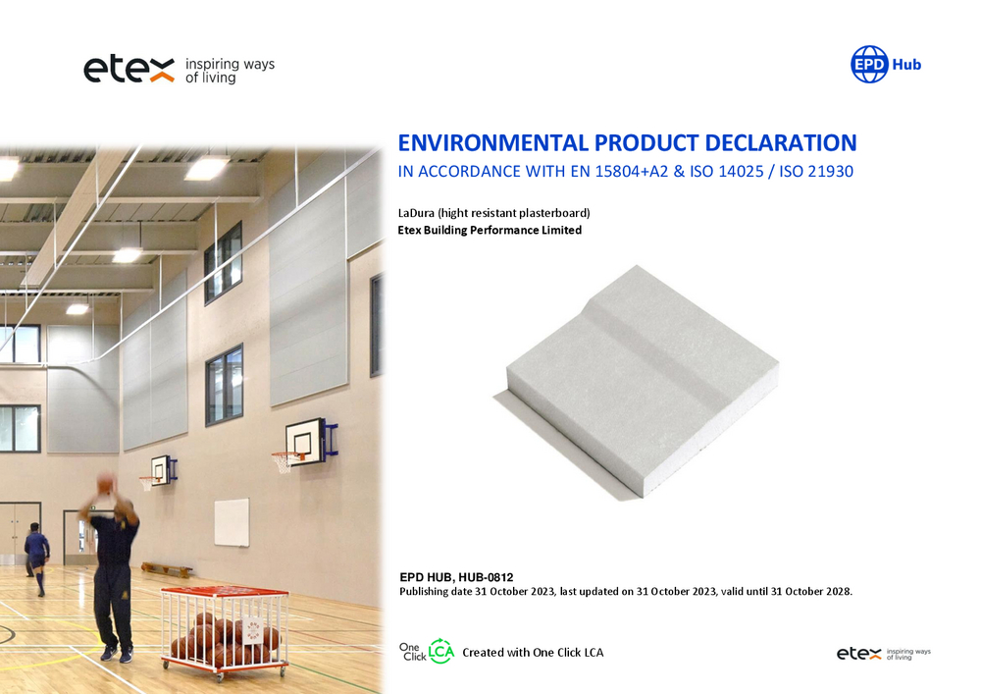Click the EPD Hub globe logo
pyautogui.click(x=869, y=64)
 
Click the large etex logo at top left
pyautogui.click(x=129, y=69)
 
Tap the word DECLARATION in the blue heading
pyautogui.click(x=780, y=142)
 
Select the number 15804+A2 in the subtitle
pyautogui.click(x=631, y=172)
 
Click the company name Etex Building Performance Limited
pyautogui.click(x=490, y=231)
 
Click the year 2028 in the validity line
pyautogui.click(x=837, y=591)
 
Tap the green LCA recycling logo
pyautogui.click(x=441, y=652)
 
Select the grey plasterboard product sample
pyautogui.click(x=637, y=382)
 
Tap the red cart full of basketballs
pyautogui.click(x=225, y=632)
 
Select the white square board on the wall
pyautogui.click(x=232, y=522)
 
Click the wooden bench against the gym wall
pyautogui.click(x=167, y=569)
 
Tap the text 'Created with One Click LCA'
pyautogui.click(x=533, y=652)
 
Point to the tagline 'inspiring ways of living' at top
pyautogui.click(x=230, y=71)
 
